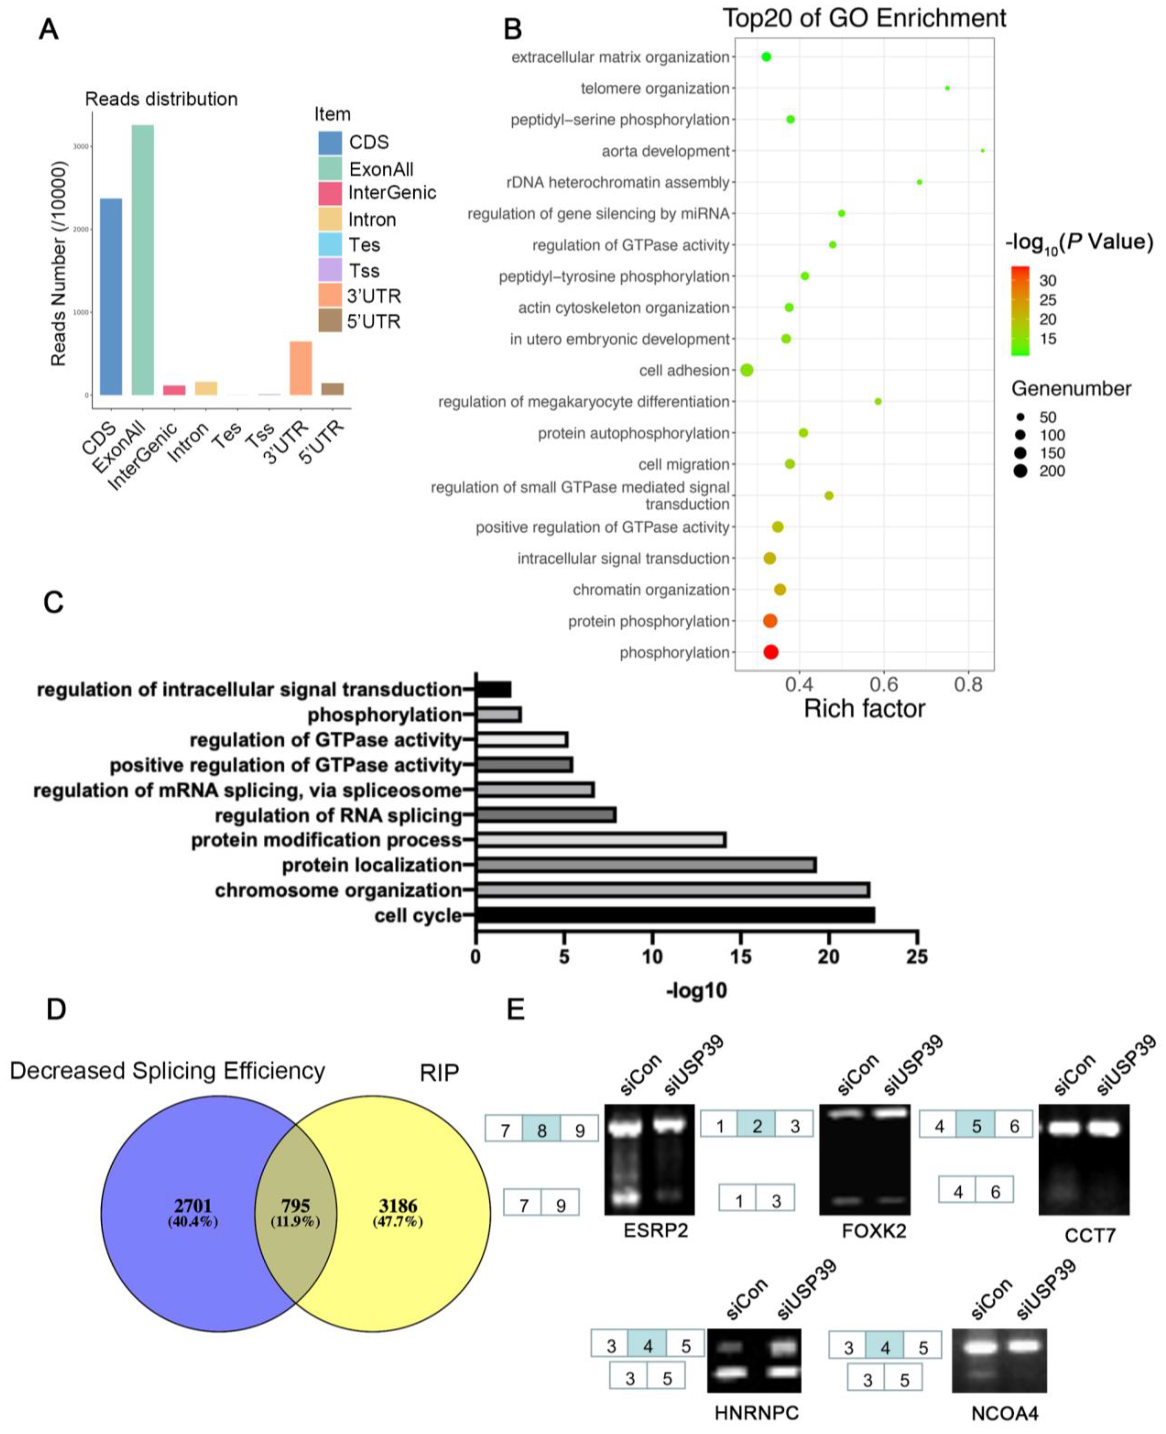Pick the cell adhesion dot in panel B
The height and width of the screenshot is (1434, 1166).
pyautogui.click(x=746, y=370)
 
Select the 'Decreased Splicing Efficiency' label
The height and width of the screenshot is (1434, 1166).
pyautogui.click(x=167, y=1071)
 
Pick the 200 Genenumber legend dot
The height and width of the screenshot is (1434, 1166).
pyautogui.click(x=1021, y=471)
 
